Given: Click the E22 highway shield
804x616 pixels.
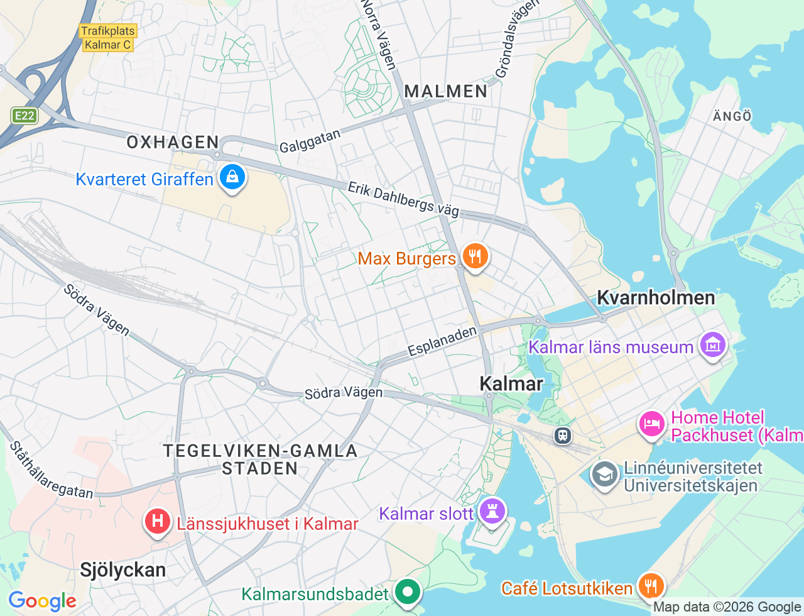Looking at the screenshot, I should click(x=24, y=116).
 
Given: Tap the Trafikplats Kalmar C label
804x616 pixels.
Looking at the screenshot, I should click(x=108, y=38).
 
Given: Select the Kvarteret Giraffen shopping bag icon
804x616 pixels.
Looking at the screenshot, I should click(x=232, y=178).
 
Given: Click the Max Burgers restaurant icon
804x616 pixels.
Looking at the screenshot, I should click(x=475, y=257).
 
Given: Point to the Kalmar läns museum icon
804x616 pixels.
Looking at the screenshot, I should click(x=713, y=345).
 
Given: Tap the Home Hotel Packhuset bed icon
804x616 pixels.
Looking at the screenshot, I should click(x=652, y=424).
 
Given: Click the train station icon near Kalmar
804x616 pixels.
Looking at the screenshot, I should click(x=562, y=434).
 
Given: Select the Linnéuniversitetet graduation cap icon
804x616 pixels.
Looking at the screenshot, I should click(x=604, y=476).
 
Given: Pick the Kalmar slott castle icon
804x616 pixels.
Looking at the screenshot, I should click(x=492, y=512).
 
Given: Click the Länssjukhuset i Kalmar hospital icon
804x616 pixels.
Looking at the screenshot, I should click(x=157, y=522).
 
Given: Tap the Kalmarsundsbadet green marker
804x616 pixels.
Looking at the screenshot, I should click(x=408, y=591).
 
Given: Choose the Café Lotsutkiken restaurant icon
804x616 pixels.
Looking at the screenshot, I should click(x=651, y=586).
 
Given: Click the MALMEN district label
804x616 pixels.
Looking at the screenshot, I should click(x=446, y=92).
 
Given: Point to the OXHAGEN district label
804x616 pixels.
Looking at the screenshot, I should click(x=173, y=143).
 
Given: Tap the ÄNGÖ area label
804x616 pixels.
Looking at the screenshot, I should click(x=732, y=116).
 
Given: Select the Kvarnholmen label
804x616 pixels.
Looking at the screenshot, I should click(x=656, y=298).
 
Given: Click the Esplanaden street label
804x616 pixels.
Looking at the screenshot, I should click(x=442, y=341).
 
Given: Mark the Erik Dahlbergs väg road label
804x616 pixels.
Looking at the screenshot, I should click(x=403, y=200).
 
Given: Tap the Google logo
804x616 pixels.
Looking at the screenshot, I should click(x=42, y=602).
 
